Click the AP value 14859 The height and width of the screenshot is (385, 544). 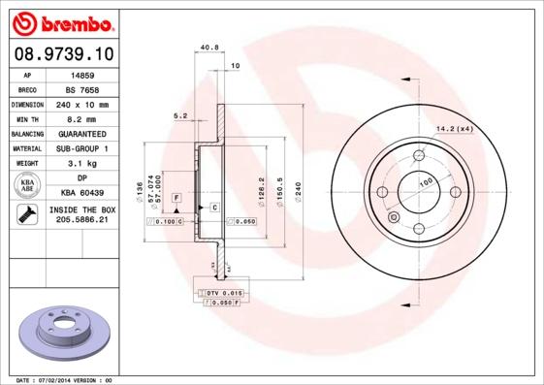click(81, 74)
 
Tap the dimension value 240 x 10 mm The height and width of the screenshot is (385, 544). click(81, 104)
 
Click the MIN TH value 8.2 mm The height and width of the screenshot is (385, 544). click(81, 118)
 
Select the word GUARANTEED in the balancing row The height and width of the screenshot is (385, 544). click(81, 134)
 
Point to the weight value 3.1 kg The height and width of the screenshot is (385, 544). click(81, 164)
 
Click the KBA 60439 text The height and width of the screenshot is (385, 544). click(81, 193)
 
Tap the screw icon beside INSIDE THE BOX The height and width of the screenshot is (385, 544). click(27, 214)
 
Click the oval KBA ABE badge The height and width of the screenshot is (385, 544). click(27, 186)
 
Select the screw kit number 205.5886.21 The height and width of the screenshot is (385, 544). click(81, 220)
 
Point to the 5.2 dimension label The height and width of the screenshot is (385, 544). click(179, 115)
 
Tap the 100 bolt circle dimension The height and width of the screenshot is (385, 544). click(424, 181)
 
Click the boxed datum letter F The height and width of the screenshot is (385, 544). click(177, 198)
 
